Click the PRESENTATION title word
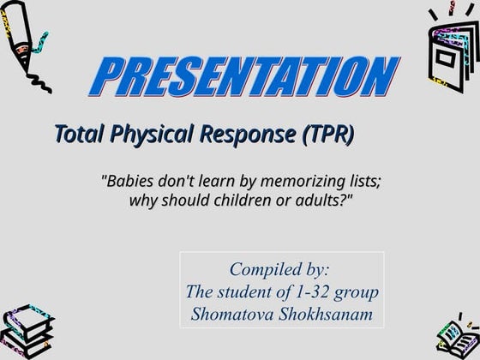tap(243, 78)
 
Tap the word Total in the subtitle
tap(78, 134)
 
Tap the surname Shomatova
tap(236, 313)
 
